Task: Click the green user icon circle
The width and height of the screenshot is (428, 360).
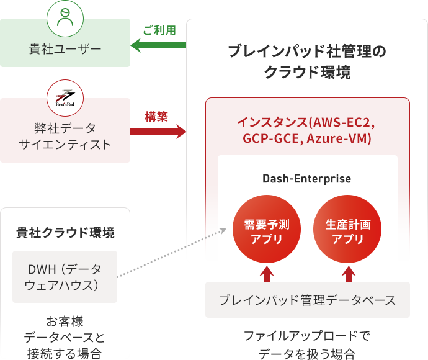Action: click(x=65, y=18)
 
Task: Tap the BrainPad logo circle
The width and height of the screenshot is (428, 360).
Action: click(x=65, y=96)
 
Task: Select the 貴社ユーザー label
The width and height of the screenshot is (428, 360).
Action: click(x=65, y=48)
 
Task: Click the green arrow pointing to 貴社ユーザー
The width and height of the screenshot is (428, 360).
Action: click(x=158, y=45)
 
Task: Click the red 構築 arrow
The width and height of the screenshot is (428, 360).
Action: click(x=158, y=132)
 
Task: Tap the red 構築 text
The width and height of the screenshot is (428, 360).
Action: click(x=156, y=116)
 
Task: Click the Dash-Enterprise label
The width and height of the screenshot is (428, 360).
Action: click(x=306, y=179)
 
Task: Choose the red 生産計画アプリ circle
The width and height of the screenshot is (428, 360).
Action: click(x=347, y=232)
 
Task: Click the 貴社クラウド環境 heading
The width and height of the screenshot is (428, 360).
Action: click(x=65, y=233)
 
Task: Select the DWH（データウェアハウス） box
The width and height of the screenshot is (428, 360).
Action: click(x=65, y=277)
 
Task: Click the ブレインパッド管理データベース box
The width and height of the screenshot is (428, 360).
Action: click(x=307, y=300)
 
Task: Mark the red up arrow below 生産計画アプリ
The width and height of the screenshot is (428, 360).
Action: click(x=348, y=273)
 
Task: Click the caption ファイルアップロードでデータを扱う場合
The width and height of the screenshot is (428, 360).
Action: click(x=306, y=345)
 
